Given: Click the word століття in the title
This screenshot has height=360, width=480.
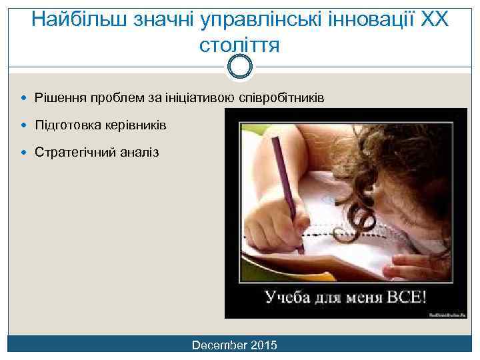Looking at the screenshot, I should (x=239, y=45).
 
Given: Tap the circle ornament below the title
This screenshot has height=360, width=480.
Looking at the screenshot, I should (x=239, y=65).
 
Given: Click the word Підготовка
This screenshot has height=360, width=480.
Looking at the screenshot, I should (x=67, y=125).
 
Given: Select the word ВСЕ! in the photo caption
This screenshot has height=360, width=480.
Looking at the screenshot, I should (x=405, y=297).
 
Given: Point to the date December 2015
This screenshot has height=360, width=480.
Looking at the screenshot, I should (x=234, y=345).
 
